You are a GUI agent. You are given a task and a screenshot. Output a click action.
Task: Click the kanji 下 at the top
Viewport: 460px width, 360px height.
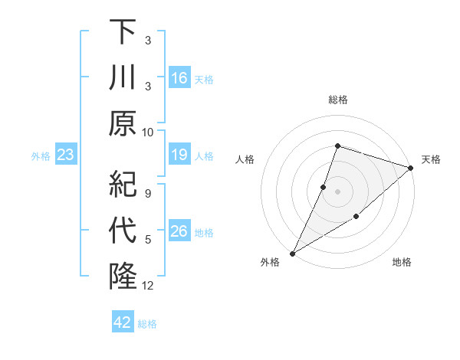click(x=123, y=32)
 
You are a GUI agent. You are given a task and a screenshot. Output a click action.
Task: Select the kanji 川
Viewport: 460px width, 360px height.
click(x=123, y=78)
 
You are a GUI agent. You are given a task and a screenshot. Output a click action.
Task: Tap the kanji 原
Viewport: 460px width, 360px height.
click(x=123, y=123)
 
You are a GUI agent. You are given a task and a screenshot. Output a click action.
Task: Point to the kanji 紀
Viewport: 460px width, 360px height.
click(x=123, y=185)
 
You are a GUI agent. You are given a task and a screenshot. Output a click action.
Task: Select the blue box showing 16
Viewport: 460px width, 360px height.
click(x=179, y=78)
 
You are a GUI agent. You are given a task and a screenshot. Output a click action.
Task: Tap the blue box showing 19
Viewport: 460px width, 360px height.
click(x=179, y=155)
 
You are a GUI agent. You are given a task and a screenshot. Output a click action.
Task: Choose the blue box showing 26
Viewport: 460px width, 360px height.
click(x=179, y=232)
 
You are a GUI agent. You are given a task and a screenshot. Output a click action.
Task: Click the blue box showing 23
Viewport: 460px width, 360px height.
click(x=66, y=155)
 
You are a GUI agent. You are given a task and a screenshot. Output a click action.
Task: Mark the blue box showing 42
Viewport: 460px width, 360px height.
click(x=122, y=322)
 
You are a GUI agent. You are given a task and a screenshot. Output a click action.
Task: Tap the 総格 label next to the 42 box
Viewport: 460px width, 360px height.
click(x=147, y=324)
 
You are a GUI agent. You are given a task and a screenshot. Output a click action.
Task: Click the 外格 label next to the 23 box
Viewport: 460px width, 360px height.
click(x=41, y=156)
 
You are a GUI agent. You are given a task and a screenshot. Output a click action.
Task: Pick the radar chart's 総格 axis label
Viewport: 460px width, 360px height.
click(x=337, y=100)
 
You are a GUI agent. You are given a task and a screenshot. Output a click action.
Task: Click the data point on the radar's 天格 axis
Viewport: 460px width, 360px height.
click(x=410, y=168)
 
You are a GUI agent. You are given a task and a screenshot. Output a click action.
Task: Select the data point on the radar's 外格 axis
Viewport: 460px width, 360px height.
click(x=292, y=253)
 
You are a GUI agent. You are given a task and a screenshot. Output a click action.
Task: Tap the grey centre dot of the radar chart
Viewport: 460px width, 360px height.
click(x=337, y=191)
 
